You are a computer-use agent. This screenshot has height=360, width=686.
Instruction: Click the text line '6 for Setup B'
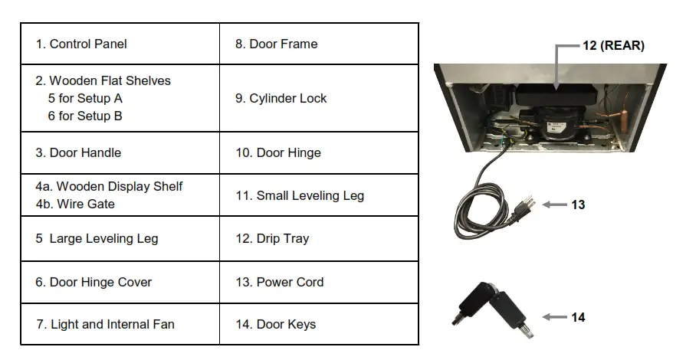point(85,116)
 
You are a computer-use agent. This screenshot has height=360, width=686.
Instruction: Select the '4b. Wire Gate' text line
point(75,205)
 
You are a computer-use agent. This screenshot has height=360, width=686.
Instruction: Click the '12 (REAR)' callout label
point(613,46)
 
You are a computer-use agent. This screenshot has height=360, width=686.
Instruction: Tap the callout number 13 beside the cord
point(578,205)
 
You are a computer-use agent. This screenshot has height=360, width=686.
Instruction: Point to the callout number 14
point(578,317)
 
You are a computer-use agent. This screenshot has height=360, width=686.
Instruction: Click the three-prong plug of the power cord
point(525,205)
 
